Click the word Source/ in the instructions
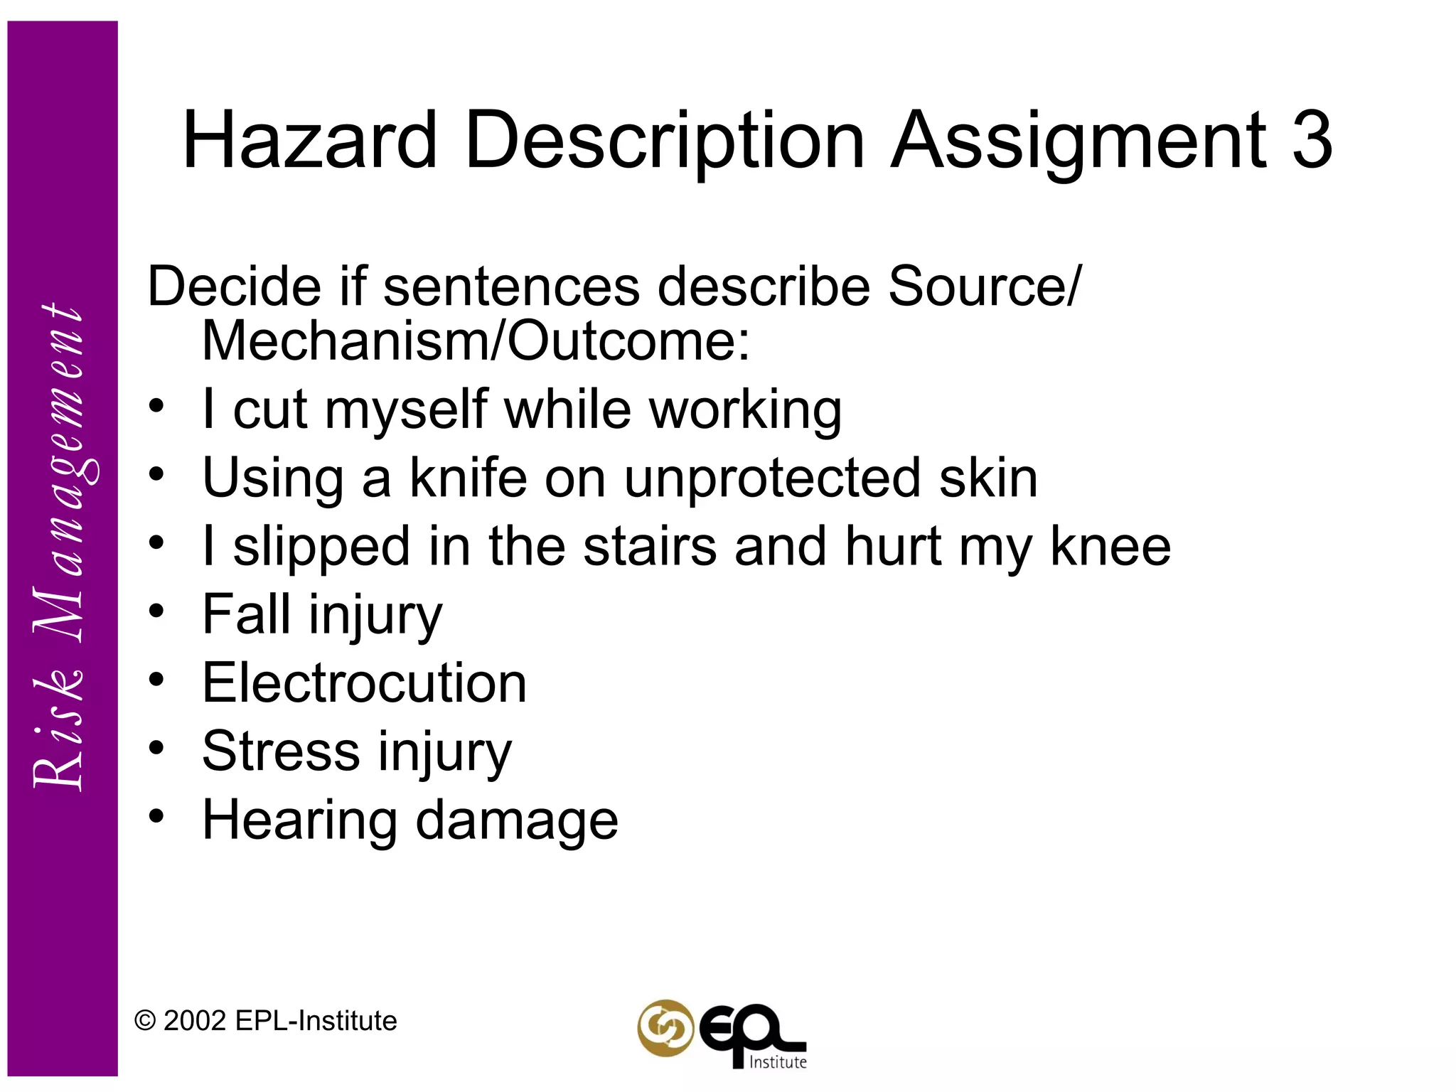[x=985, y=287]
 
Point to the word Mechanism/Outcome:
[x=476, y=341]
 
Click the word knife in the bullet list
[x=469, y=478]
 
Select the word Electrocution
[x=364, y=683]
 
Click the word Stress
[x=281, y=751]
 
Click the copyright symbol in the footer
[x=145, y=1022]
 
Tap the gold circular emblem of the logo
[x=665, y=1028]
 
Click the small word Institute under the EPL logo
[x=778, y=1062]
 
